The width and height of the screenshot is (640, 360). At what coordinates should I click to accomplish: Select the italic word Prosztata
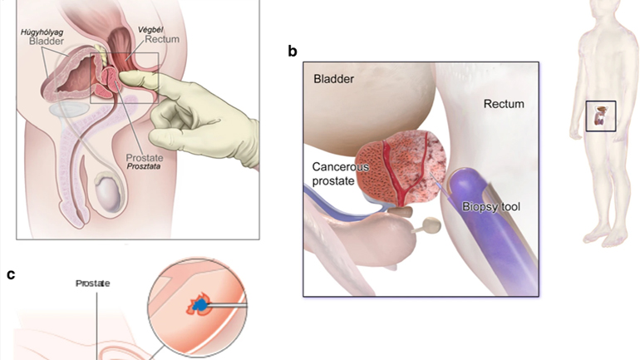pyautogui.click(x=143, y=166)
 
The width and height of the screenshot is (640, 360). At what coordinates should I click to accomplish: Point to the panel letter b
pyautogui.click(x=292, y=52)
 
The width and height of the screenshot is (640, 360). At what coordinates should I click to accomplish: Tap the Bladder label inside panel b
pyautogui.click(x=333, y=79)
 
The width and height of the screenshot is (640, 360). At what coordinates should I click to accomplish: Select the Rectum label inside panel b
pyautogui.click(x=502, y=104)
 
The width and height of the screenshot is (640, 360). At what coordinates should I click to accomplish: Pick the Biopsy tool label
pyautogui.click(x=491, y=205)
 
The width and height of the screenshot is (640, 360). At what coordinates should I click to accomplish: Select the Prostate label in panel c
pyautogui.click(x=93, y=283)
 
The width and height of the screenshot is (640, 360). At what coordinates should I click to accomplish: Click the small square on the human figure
pyautogui.click(x=600, y=116)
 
